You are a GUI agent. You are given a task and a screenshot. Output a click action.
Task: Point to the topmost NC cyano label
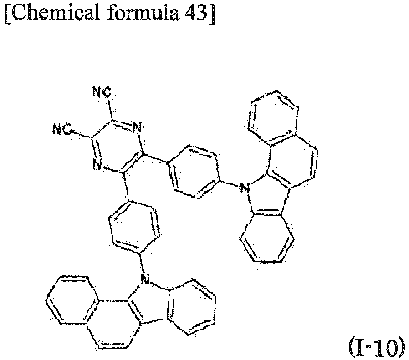tap(102, 92)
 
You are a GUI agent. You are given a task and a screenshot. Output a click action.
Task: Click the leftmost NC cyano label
tap(62, 129)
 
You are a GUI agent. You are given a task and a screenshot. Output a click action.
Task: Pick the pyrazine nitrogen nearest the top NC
tap(137, 128)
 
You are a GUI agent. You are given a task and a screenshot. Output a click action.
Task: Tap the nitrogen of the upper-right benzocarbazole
tap(245, 188)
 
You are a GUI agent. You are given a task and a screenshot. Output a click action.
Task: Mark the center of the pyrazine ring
tap(118, 147)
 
